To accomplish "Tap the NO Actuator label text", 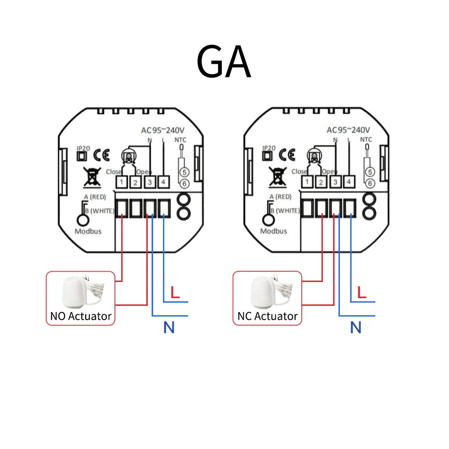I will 81,316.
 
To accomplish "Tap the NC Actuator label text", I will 268,316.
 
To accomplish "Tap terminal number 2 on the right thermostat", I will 321,182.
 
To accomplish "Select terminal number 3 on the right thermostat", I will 335,182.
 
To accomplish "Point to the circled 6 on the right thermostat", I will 370,183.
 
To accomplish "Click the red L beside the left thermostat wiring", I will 175,293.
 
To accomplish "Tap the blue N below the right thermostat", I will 356,328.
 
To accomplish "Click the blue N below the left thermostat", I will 169,328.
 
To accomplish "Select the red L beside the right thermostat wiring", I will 362,293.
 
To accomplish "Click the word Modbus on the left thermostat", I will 88,232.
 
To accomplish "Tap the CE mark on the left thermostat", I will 101,155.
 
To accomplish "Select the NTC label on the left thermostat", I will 180,140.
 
